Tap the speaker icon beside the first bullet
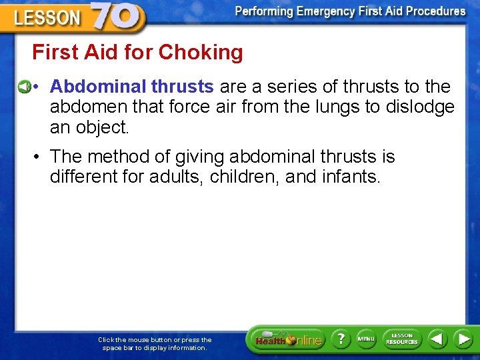coord(23,87)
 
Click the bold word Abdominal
coord(98,87)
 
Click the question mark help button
coord(340,339)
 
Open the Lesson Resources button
coord(401,339)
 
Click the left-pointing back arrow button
coord(437,339)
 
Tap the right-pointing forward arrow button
coord(463,339)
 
